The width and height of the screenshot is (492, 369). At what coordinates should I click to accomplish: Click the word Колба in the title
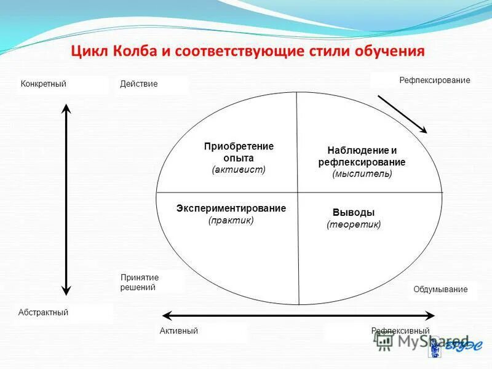(x=135, y=50)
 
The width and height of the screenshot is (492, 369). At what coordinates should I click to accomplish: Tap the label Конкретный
(x=43, y=84)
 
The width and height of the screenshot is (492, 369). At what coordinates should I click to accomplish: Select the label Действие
(x=139, y=84)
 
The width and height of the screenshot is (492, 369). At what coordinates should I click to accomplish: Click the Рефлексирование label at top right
(x=435, y=80)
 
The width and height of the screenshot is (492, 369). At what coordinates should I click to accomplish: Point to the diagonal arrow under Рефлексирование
(x=402, y=113)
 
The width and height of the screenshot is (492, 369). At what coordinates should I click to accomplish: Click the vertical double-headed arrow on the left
(x=67, y=200)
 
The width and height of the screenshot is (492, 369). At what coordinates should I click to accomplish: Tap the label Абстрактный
(x=44, y=312)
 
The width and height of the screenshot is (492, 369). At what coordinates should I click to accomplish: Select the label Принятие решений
(x=140, y=282)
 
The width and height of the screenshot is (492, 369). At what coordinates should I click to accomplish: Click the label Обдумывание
(x=440, y=289)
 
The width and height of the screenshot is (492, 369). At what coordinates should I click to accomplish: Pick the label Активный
(x=178, y=331)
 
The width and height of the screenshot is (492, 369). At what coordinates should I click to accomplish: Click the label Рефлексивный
(x=400, y=331)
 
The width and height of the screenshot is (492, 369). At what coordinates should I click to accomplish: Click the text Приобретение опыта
(x=239, y=152)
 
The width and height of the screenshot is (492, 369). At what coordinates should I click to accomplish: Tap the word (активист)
(x=239, y=169)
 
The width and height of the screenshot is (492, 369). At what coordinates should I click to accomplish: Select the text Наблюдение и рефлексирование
(x=362, y=156)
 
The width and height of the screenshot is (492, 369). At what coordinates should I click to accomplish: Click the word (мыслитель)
(x=362, y=174)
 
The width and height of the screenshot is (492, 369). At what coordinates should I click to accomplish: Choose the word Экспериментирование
(x=231, y=208)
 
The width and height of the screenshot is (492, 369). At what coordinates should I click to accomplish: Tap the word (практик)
(x=231, y=220)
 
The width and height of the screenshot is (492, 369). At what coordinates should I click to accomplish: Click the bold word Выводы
(x=354, y=212)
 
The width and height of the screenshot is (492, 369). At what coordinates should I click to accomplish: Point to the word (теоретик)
(x=354, y=224)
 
